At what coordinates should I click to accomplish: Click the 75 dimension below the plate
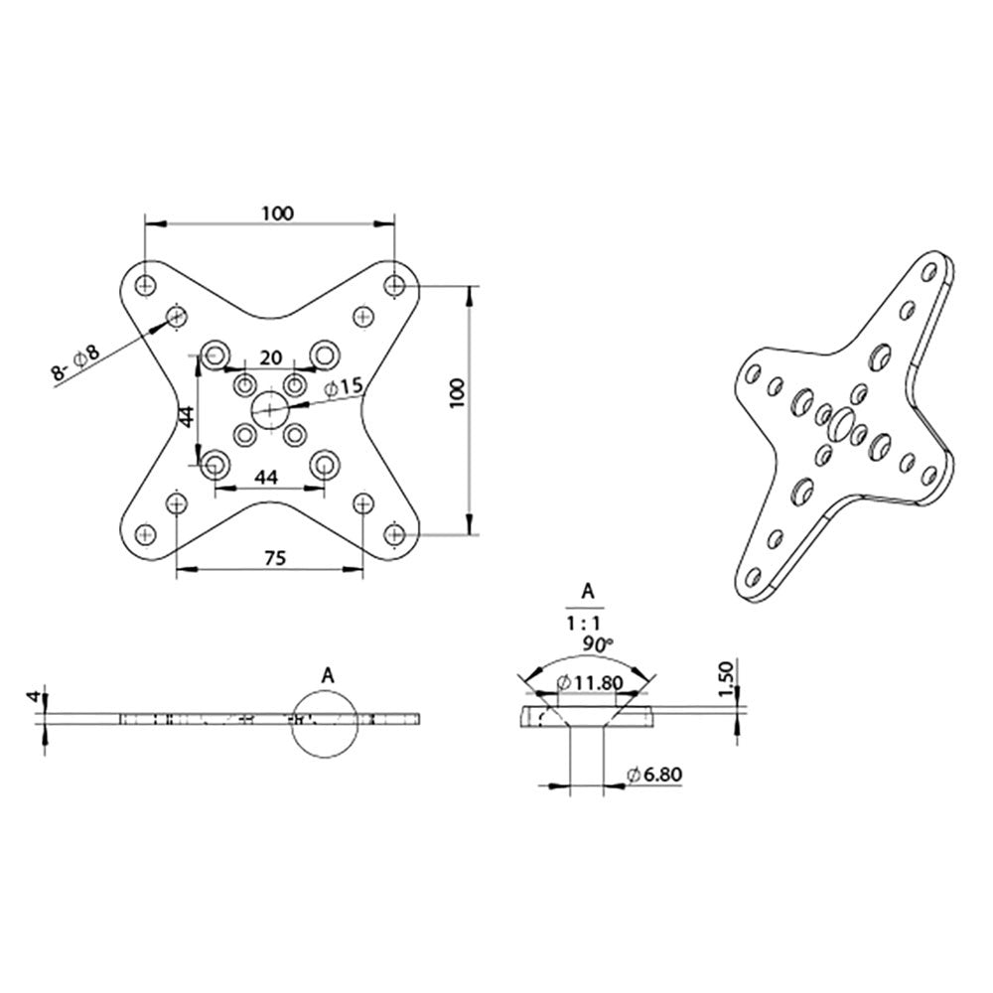tap(275, 558)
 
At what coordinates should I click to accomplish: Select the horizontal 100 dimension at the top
tap(277, 213)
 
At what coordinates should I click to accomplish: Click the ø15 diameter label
tap(347, 384)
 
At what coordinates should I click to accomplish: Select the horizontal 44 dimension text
tap(266, 478)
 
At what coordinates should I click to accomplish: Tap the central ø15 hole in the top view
tap(269, 408)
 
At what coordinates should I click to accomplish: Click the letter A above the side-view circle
tap(327, 674)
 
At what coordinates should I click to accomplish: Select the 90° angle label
tap(599, 644)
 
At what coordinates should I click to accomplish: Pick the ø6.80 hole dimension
tap(654, 775)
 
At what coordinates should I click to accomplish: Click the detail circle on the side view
tap(325, 723)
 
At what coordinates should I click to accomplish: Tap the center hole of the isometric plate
tap(841, 422)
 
